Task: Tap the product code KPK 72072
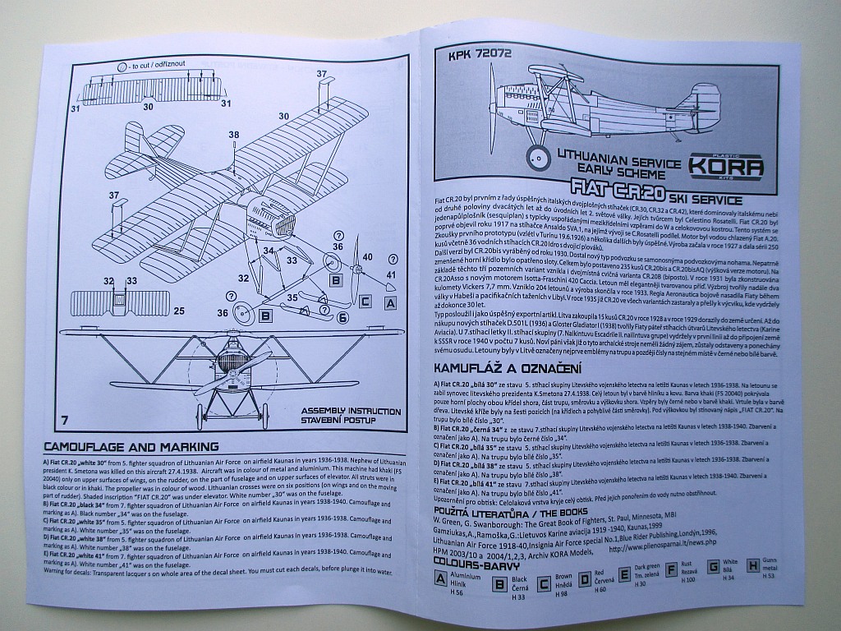482,56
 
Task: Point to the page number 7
64,421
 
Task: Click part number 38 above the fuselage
234,135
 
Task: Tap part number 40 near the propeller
367,257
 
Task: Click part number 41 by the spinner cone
390,274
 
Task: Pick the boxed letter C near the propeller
365,302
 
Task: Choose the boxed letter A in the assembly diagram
391,303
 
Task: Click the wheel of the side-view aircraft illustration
539,155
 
